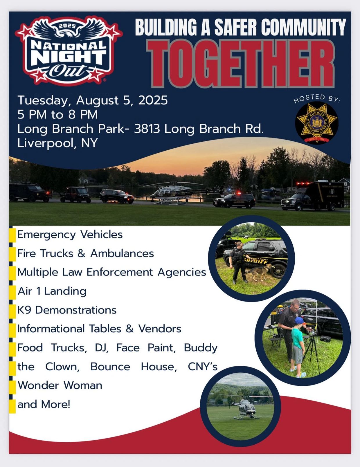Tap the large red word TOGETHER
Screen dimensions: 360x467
coord(240,64)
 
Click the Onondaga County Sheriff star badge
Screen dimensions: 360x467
coord(316,123)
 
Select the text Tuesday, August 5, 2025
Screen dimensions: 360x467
coord(92,101)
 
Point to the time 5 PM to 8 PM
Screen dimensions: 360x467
coord(57,114)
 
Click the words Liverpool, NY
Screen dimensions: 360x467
coord(57,143)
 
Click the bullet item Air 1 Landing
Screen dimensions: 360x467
coord(52,291)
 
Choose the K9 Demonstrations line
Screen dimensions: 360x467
coord(67,310)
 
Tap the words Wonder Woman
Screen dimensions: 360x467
coord(60,385)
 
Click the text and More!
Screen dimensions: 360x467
coord(44,404)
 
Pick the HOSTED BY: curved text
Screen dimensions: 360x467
coord(316,98)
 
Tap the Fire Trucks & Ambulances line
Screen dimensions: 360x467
coord(86,253)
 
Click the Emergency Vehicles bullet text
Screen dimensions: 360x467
coord(70,235)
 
